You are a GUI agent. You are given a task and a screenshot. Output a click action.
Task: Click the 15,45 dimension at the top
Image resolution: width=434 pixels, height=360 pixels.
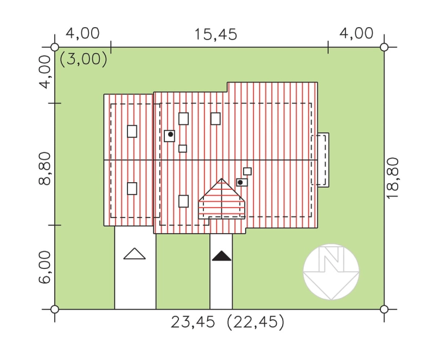coord(215,35)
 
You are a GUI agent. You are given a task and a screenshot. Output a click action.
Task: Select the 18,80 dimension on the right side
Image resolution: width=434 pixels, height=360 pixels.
coord(392,178)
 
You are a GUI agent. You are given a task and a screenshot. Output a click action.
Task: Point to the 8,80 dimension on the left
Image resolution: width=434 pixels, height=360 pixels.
coord(44,169)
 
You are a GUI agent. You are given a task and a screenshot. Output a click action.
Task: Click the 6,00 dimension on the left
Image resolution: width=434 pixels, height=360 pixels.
coord(44,267)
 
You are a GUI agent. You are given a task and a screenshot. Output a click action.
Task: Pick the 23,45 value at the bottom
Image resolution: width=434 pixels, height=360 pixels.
coord(193,322)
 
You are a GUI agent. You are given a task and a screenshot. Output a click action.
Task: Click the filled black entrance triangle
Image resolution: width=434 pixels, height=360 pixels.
coord(221,256)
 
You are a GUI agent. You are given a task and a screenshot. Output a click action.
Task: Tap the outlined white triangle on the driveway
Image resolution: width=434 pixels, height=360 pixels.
coord(135,254)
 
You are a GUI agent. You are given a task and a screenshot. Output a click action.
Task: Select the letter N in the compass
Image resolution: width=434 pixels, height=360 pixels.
coord(331,259)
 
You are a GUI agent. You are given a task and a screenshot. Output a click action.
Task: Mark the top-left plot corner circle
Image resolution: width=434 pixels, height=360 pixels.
coord(55,47)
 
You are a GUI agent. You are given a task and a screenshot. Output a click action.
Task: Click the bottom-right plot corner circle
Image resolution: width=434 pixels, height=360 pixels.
coord(384,309)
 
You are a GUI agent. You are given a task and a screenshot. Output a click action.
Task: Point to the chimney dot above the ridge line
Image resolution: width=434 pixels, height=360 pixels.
coord(170,134)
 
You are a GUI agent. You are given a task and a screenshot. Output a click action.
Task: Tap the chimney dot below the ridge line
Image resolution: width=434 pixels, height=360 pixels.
coord(240,182)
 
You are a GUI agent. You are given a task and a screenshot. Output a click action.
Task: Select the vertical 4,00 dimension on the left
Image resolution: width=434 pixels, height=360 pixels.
coord(44,72)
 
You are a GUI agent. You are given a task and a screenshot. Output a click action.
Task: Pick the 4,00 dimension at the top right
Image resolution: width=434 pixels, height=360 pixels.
coord(356,34)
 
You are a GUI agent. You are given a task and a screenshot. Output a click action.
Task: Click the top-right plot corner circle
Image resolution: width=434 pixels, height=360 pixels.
coord(384,47)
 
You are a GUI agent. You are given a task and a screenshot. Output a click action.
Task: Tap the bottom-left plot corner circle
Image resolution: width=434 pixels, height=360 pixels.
coord(55,309)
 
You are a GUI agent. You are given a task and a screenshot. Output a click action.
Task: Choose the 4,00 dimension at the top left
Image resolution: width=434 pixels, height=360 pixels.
coord(82,34)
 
